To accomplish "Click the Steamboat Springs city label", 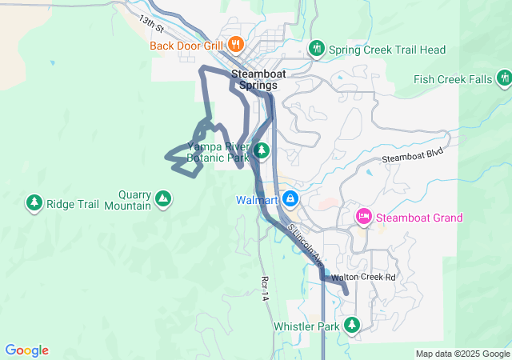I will pos(255,78).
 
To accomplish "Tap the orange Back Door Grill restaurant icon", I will pos(235,44).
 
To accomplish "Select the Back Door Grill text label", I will pos(186,46).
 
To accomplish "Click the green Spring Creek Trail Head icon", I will pos(317,50).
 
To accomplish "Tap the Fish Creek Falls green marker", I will pos(503,78).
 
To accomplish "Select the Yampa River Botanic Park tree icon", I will pos(261,150).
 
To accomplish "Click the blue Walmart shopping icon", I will pos(290,198).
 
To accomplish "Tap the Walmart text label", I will pos(257,199).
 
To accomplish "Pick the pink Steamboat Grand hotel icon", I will pos(364,216).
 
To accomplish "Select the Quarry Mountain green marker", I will pos(162,198).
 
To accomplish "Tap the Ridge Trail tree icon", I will pos(34,203).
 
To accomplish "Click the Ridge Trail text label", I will pos(73,204).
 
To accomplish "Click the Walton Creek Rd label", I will pos(364,278).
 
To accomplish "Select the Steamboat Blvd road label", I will pos(412,158).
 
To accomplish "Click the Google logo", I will pos(26,350).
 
